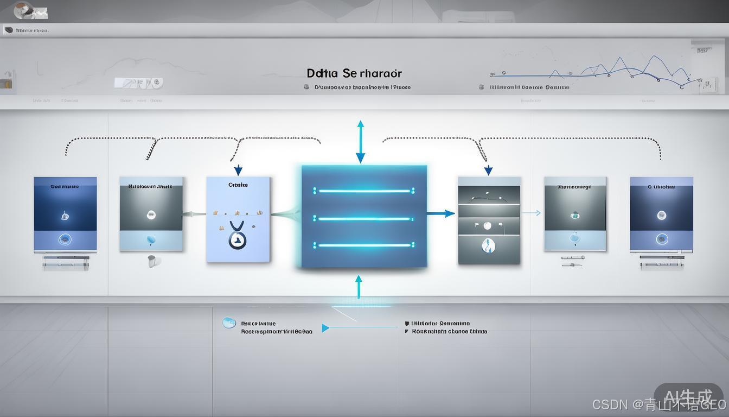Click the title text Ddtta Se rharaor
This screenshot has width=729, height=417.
pyautogui.click(x=354, y=73)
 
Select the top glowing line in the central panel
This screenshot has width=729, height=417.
pyautogui.click(x=363, y=191)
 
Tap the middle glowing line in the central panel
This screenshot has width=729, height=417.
pyautogui.click(x=363, y=219)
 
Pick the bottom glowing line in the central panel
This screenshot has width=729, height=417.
pyautogui.click(x=363, y=245)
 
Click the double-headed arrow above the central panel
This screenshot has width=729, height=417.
pyautogui.click(x=360, y=142)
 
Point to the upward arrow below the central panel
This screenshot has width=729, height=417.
pyautogui.click(x=358, y=286)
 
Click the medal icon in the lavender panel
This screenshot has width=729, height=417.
pyautogui.click(x=237, y=236)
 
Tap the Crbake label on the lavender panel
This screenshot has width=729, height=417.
pyautogui.click(x=238, y=185)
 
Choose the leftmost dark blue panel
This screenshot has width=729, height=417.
pyautogui.click(x=65, y=214)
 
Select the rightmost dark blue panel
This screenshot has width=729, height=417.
pyautogui.click(x=661, y=214)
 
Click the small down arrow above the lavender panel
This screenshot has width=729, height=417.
pyautogui.click(x=238, y=170)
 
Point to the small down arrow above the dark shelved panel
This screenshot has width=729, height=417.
pyautogui.click(x=488, y=170)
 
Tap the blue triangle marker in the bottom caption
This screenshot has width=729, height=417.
pyautogui.click(x=325, y=328)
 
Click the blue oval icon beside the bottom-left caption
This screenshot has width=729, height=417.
pyautogui.click(x=229, y=323)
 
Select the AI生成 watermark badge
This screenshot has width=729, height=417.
pyautogui.click(x=688, y=396)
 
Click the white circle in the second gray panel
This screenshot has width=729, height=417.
pyautogui.click(x=151, y=215)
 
